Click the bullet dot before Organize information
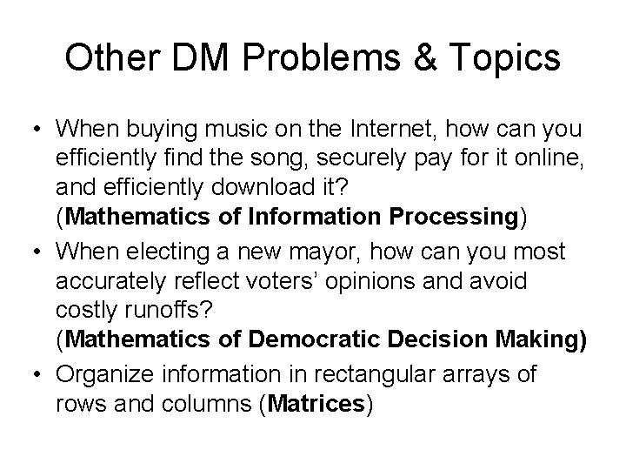(x=38, y=373)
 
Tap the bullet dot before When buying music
(x=38, y=130)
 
